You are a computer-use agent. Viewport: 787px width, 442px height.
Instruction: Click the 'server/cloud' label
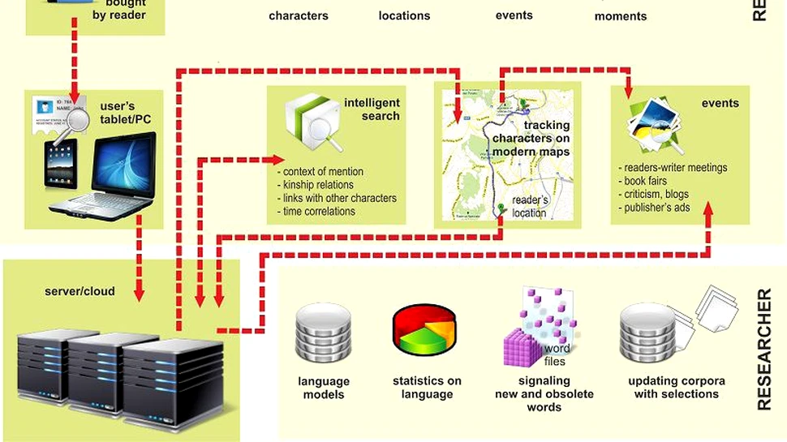pos(79,291)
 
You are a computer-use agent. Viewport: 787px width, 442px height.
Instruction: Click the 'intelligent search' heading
pos(372,109)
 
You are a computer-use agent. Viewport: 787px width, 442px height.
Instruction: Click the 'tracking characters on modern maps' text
pos(531,139)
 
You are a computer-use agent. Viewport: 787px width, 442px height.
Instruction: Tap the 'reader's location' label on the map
pos(530,207)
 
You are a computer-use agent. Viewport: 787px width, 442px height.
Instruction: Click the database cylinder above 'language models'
pos(324,333)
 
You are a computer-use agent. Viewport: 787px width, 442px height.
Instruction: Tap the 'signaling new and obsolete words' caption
pos(544,393)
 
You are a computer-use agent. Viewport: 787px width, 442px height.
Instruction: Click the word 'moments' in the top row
pos(621,16)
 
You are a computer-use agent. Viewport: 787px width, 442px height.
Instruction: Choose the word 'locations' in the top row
pos(404,15)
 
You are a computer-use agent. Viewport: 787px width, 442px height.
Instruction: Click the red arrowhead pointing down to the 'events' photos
pos(627,91)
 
